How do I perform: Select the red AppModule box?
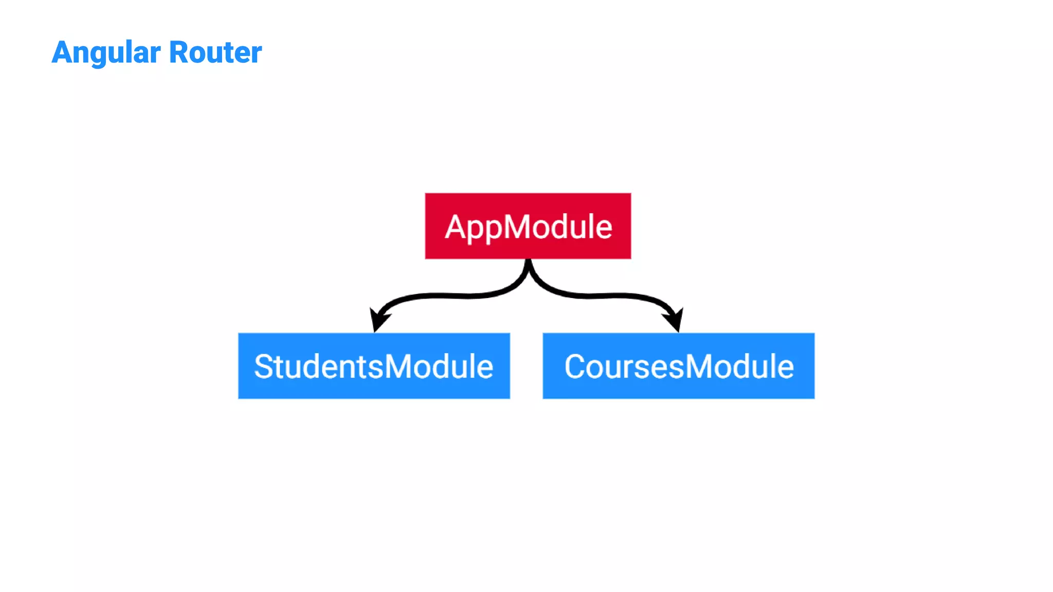528,226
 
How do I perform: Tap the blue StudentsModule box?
374,366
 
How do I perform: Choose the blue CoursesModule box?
678,366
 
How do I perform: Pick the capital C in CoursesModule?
576,367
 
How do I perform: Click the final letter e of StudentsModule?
484,369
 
